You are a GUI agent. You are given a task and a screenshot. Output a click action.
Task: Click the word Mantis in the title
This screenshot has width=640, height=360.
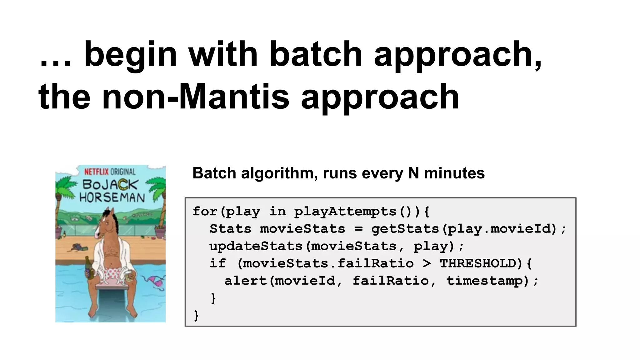234,97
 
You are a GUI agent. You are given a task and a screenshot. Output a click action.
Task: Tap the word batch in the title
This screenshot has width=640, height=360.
316,54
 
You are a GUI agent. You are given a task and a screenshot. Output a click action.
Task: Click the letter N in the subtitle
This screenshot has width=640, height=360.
413,173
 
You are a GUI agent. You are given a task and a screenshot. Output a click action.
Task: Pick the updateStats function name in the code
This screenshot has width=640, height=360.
256,246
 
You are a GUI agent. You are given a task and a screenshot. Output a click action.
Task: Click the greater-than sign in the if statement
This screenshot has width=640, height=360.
427,263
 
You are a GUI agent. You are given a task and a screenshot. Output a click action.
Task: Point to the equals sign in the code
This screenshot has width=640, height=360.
358,229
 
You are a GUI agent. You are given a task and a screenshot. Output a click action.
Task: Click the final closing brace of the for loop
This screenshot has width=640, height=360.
196,315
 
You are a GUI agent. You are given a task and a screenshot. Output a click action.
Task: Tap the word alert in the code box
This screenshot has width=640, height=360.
245,281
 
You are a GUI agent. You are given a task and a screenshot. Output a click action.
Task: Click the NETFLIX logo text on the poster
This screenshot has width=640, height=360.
96,172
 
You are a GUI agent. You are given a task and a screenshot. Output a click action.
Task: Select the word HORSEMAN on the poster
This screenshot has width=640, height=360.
112,197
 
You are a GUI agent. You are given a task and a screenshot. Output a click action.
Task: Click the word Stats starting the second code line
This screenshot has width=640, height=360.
230,229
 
